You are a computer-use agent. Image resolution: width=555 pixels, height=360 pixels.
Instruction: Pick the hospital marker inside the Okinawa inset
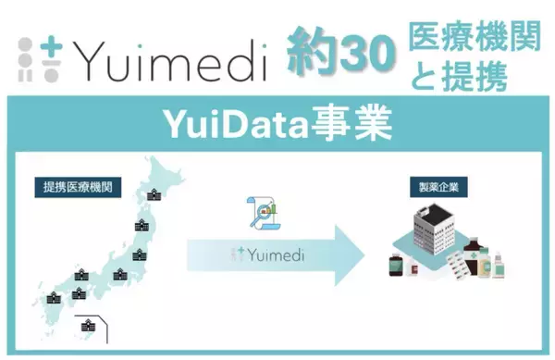[x=89, y=325]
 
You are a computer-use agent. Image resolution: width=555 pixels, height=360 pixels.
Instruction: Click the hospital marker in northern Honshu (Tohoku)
[x=142, y=225]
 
